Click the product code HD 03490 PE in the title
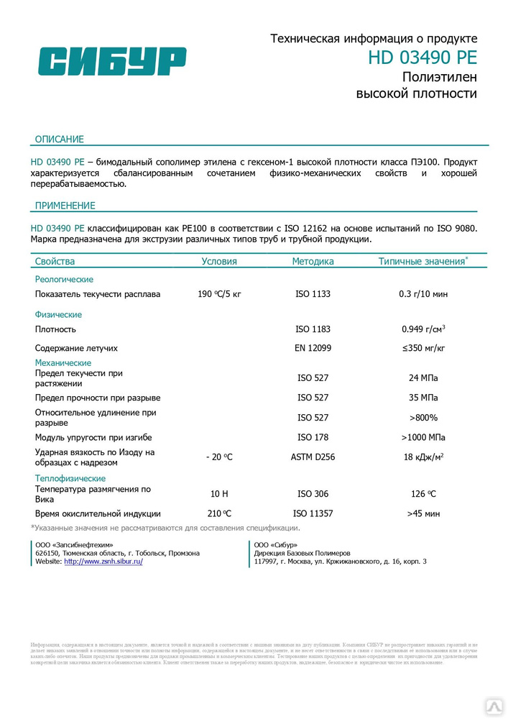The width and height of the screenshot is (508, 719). pos(422,58)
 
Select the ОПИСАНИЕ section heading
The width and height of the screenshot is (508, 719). pos(60,139)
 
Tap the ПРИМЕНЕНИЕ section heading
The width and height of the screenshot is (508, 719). pos(65,206)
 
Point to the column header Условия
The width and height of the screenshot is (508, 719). pos(219,262)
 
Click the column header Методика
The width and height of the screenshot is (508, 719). pos(313,262)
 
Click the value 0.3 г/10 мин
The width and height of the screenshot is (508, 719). pos(423,294)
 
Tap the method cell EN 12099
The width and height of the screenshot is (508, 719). pos(313,348)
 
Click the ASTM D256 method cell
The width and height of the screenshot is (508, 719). pos(313,457)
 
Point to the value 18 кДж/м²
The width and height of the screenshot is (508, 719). pos(423,457)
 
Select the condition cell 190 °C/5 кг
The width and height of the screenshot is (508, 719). pos(219,294)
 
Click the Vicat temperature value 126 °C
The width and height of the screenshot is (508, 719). pos(423,494)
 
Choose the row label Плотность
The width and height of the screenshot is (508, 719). pos(56,329)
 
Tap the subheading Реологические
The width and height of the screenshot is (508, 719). pos(65,279)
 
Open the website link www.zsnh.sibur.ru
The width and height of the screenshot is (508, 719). pos(103,562)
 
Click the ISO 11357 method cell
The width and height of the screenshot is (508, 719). pos(313,513)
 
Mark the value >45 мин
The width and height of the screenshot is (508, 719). pos(423,513)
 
